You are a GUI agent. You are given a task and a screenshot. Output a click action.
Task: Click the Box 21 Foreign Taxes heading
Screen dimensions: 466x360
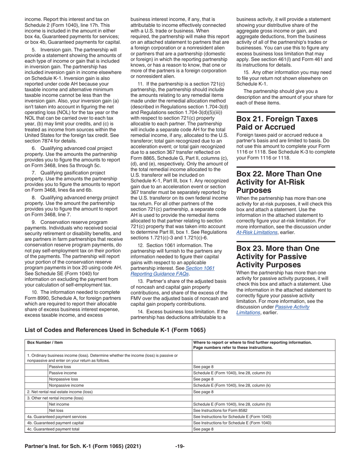[x=277, y=123]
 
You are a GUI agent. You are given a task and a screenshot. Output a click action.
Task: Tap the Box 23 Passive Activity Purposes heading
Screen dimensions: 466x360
[x=278, y=256]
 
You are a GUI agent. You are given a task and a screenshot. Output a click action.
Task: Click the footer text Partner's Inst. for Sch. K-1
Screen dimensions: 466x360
[x=83, y=446]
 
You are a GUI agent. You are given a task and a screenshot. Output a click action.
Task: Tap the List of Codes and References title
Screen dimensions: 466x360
[x=115, y=330]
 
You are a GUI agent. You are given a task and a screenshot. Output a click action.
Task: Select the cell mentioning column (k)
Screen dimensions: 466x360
[x=232, y=385]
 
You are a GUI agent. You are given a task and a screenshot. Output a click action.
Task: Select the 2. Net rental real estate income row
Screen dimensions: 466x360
[x=59, y=392]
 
